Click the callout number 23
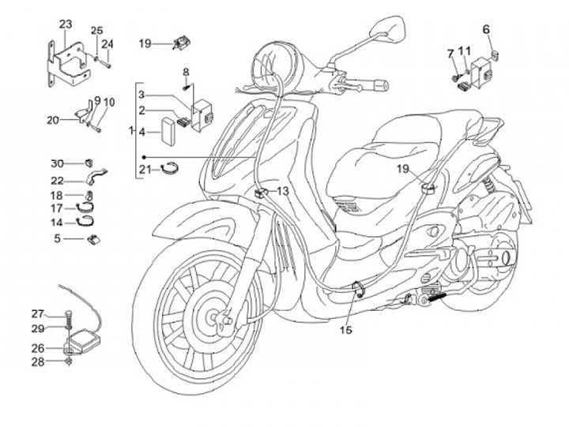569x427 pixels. (x=65, y=24)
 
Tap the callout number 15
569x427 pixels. (x=345, y=329)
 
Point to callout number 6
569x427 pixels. (x=486, y=29)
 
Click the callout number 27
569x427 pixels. (x=60, y=313)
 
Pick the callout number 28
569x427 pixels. (x=60, y=362)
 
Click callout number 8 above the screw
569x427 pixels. (x=186, y=73)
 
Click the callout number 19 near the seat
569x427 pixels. (x=403, y=169)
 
